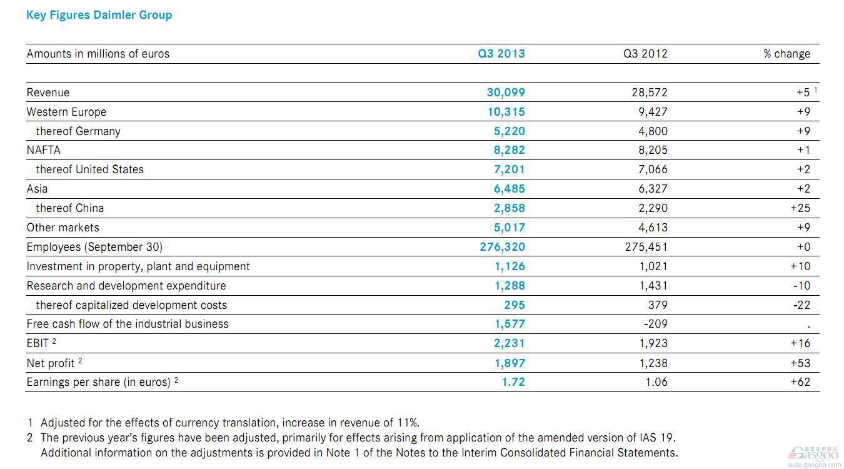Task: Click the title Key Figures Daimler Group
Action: [99, 15]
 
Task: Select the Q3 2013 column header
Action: [501, 54]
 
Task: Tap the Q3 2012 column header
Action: [645, 54]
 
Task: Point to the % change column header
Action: [786, 54]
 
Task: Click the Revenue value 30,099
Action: [506, 93]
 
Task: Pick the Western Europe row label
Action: [66, 112]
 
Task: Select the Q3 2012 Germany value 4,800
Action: [653, 131]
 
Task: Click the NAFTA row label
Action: [43, 150]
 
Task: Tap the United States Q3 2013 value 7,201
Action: [509, 169]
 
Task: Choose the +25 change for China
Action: [800, 208]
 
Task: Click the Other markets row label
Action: [63, 228]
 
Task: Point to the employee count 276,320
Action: [502, 247]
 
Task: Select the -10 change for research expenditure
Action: [801, 286]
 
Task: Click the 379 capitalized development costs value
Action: [658, 305]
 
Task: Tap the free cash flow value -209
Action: [655, 324]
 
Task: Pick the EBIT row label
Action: [41, 343]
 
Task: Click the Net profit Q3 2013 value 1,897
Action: [510, 363]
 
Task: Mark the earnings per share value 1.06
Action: [656, 382]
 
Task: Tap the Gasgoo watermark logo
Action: [813, 457]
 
